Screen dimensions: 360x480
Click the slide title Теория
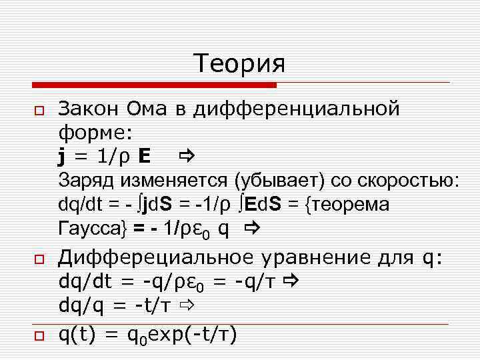coord(239,63)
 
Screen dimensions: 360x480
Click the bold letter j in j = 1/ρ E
coord(61,157)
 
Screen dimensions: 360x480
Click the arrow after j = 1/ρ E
coord(185,157)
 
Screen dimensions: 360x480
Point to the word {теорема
coord(347,204)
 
